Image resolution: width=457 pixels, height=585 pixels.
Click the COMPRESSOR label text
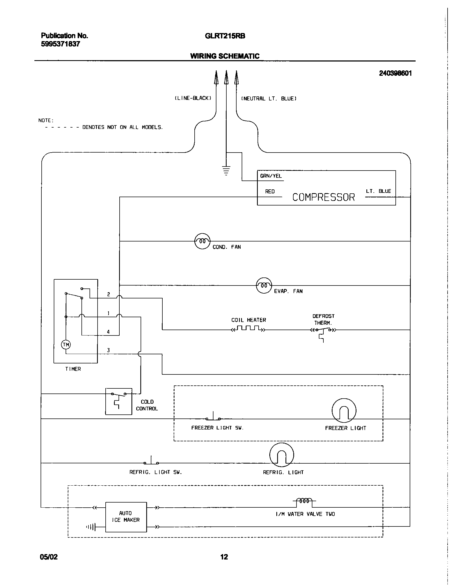(x=323, y=197)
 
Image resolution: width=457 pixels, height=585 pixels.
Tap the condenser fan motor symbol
(x=202, y=241)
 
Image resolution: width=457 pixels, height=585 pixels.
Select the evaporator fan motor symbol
(x=264, y=286)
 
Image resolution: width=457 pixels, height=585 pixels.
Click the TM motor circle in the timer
(x=66, y=345)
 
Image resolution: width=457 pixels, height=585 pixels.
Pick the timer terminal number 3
(x=108, y=351)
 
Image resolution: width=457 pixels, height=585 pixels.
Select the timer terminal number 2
(x=108, y=294)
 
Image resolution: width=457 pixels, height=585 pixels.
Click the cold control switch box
(x=119, y=401)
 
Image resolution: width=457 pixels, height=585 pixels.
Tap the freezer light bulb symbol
(x=344, y=410)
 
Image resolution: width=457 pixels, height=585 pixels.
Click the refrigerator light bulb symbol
(x=281, y=455)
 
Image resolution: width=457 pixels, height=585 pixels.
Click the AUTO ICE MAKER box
(x=126, y=517)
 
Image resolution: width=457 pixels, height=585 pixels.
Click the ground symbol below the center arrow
(x=226, y=171)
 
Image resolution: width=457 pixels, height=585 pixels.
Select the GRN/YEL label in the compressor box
(x=271, y=176)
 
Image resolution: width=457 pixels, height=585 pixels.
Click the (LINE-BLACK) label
(x=193, y=98)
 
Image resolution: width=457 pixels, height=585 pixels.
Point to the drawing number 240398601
(x=395, y=73)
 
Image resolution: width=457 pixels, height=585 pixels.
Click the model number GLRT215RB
(x=225, y=36)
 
